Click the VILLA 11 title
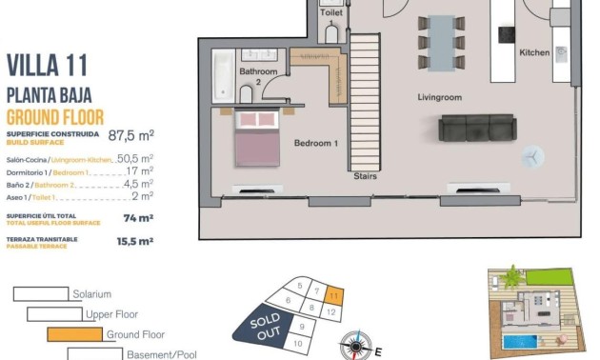click(x=47, y=65)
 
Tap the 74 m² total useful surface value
click(x=138, y=218)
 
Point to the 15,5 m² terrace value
click(x=134, y=242)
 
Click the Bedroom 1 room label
click(x=315, y=144)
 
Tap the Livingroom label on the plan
click(x=439, y=97)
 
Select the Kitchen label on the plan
click(x=534, y=53)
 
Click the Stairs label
click(x=364, y=176)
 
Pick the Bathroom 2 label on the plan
click(x=258, y=77)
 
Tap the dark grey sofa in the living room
click(x=476, y=128)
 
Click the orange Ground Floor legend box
click(x=74, y=334)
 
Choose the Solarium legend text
click(x=91, y=294)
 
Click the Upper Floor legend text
click(x=112, y=314)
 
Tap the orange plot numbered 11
click(x=331, y=295)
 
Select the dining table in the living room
click(x=442, y=42)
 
